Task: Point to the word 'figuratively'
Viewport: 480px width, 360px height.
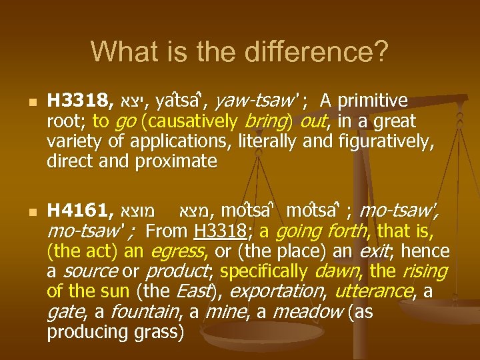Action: click(x=389, y=141)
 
